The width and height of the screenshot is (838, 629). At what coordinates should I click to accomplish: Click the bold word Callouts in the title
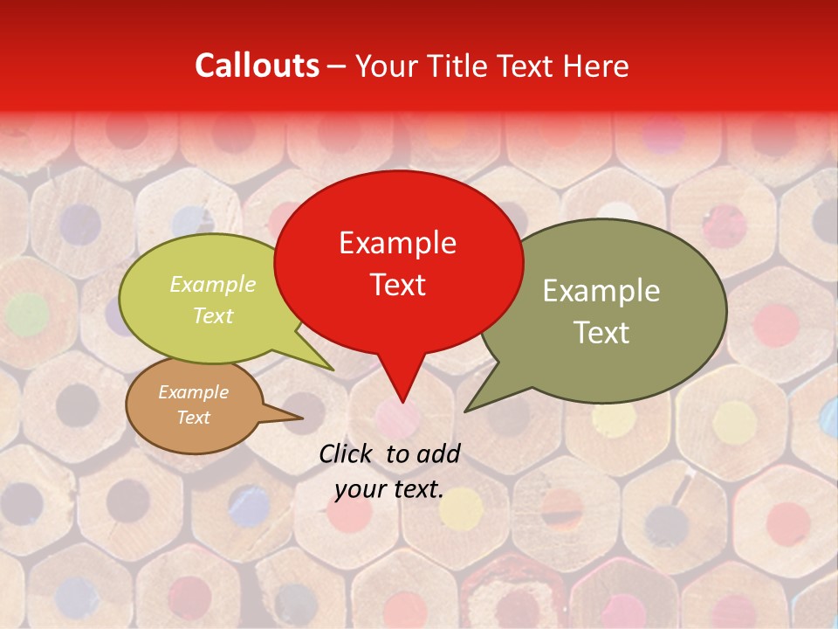pyautogui.click(x=257, y=66)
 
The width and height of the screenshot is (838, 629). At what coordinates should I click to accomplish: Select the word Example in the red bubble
pyautogui.click(x=397, y=243)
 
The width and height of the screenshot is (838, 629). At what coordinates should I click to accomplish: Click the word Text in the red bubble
pyautogui.click(x=397, y=285)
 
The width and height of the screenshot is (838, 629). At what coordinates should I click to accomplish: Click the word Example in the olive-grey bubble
pyautogui.click(x=601, y=291)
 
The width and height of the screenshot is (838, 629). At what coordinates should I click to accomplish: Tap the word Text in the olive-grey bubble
pyautogui.click(x=601, y=333)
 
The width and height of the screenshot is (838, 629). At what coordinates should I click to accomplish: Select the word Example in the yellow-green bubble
pyautogui.click(x=213, y=284)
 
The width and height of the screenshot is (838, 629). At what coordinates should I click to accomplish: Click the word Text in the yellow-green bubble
pyautogui.click(x=213, y=315)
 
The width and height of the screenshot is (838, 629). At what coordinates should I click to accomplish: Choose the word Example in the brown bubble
pyautogui.click(x=193, y=392)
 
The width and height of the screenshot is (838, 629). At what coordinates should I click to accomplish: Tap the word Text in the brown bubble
pyautogui.click(x=193, y=418)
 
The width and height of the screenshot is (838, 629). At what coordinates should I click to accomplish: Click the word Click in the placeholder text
pyautogui.click(x=347, y=453)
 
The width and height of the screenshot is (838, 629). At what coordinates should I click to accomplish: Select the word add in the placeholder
pyautogui.click(x=438, y=453)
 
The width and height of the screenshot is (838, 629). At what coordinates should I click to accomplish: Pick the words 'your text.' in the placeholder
pyautogui.click(x=388, y=489)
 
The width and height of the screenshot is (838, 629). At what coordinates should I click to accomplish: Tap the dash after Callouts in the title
pyautogui.click(x=337, y=66)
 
